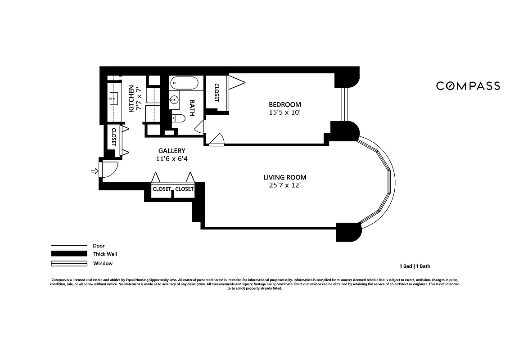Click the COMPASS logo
(468, 85)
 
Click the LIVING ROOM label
(285, 177)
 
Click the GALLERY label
(172, 151)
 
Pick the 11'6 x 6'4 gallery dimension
(172, 159)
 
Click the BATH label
(192, 108)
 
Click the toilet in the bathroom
(179, 119)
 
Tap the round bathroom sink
(174, 100)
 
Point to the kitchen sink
(113, 97)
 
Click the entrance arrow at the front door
(94, 171)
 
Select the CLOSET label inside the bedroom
(217, 93)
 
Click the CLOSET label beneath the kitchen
(114, 137)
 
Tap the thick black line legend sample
(69, 254)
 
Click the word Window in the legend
(103, 263)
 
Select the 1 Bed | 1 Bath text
(412, 266)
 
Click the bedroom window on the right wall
(344, 104)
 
